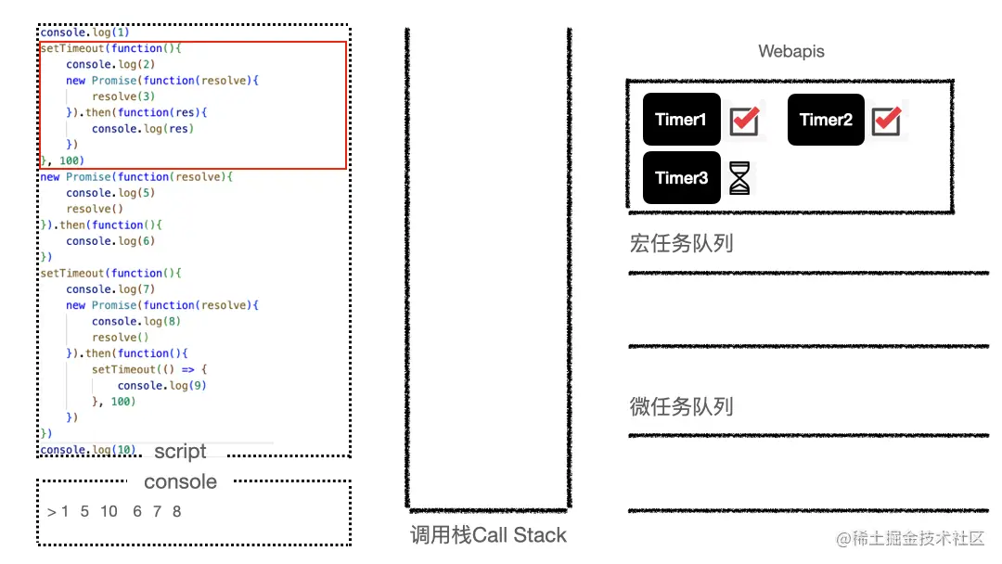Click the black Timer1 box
point(681,120)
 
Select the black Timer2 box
point(826,120)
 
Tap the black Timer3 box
point(681,178)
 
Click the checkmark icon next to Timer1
point(744,120)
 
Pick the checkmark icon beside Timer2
point(887,120)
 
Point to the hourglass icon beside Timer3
point(739,178)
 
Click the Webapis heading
point(791,51)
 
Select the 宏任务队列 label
point(681,244)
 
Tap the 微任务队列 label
point(681,406)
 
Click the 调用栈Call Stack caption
point(488,535)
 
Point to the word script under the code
point(180,452)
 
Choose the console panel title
point(180,482)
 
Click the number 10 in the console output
point(109,511)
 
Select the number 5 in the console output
point(84,511)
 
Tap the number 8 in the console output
point(176,511)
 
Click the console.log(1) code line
point(84,32)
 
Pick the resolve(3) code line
point(123,96)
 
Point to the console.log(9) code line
point(161,386)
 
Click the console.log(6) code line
point(110,241)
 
